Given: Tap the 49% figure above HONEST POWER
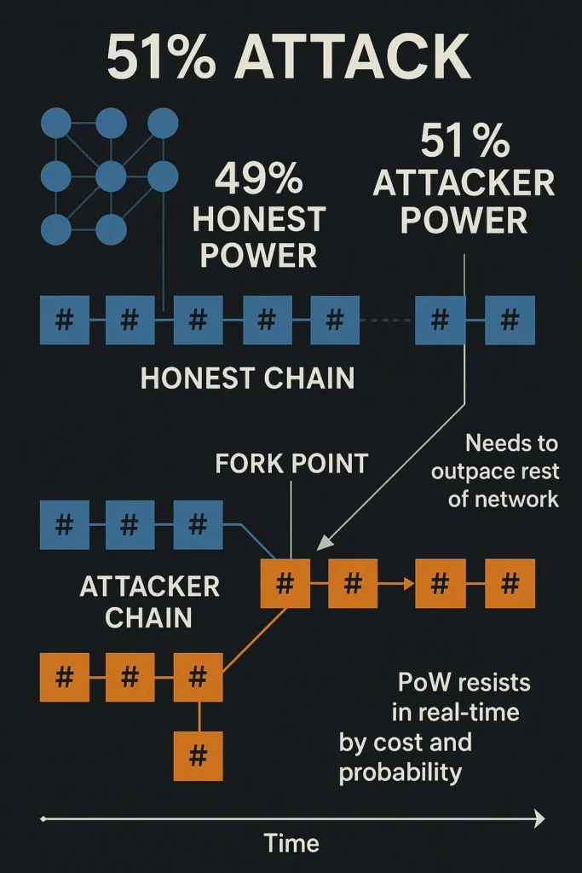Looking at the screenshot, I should (x=258, y=180).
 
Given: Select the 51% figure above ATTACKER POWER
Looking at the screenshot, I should (x=464, y=142).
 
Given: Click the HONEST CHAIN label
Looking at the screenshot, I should (x=247, y=378).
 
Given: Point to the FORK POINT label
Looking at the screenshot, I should (x=291, y=463).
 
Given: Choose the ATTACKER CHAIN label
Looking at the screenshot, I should (x=150, y=602).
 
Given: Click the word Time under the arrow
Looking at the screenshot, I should (x=291, y=843).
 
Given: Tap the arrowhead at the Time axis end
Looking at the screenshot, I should (x=539, y=819).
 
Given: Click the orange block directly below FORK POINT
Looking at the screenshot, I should (x=285, y=584).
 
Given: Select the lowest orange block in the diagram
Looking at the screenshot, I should (x=198, y=755).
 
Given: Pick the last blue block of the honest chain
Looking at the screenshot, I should (x=510, y=321).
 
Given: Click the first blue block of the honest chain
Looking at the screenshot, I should (x=64, y=321).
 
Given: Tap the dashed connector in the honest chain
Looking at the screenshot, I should (x=387, y=321).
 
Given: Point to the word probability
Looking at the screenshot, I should (x=400, y=772).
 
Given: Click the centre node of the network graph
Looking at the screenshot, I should (x=111, y=176).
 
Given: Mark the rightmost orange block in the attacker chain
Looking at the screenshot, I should (x=510, y=584).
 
